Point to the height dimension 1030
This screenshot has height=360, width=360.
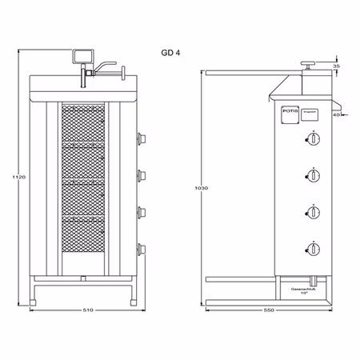pyautogui.click(x=201, y=188)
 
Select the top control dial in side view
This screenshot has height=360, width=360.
pyautogui.click(x=314, y=140)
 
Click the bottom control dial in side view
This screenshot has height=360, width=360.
pyautogui.click(x=314, y=248)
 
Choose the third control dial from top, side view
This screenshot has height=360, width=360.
pyautogui.click(x=314, y=212)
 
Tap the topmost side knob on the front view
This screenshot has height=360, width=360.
pyautogui.click(x=141, y=137)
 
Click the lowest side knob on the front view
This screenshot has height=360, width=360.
pyautogui.click(x=141, y=249)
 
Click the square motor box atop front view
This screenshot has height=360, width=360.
pyautogui.click(x=81, y=57)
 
